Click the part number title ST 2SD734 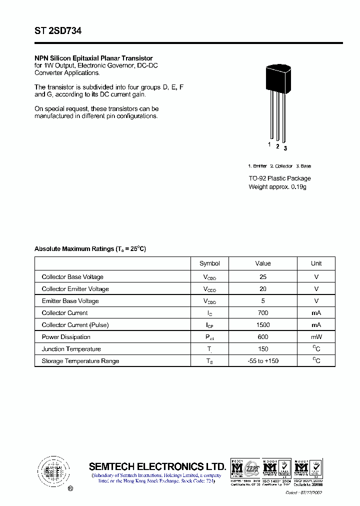(58, 31)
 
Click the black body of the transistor (277, 78)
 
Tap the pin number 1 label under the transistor (269, 144)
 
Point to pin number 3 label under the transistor (285, 148)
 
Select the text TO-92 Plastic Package (279, 178)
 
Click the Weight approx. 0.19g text (277, 187)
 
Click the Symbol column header (209, 263)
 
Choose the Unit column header (316, 263)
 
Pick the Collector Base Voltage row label (72, 277)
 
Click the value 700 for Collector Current (263, 313)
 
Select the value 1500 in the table (263, 325)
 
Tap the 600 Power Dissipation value (263, 337)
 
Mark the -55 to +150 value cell (263, 361)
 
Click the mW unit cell (316, 337)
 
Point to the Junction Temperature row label (71, 349)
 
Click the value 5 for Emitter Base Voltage (263, 301)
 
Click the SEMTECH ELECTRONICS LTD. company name (157, 466)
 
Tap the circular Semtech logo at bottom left (52, 470)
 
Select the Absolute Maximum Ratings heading (90, 249)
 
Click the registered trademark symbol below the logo (70, 488)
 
